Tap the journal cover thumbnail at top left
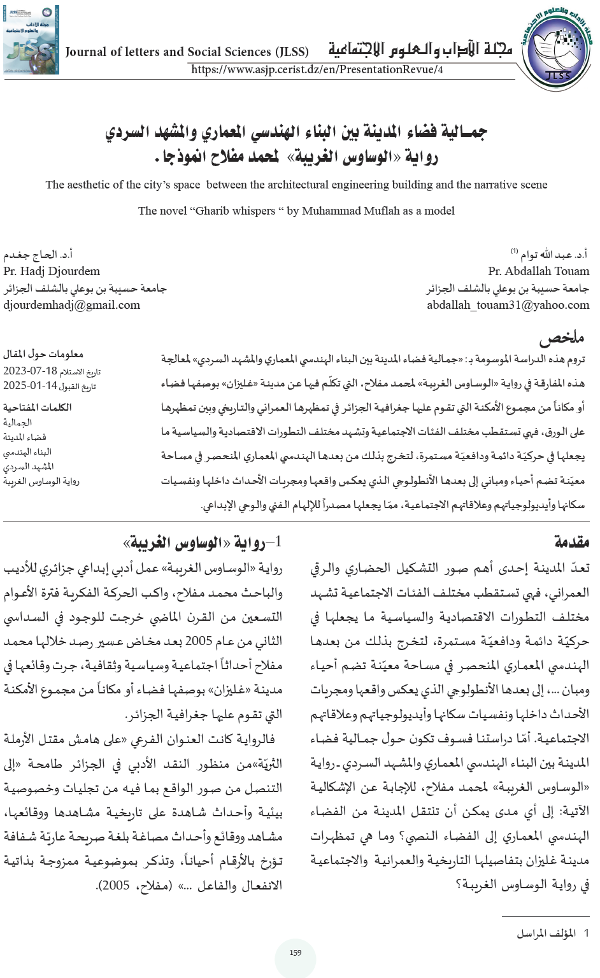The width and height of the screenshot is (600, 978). click(31, 39)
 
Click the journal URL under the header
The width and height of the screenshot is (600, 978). click(317, 69)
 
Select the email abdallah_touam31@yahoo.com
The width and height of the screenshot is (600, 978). click(508, 305)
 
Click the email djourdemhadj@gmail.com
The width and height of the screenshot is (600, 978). click(71, 305)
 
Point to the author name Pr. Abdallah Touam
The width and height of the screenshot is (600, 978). click(538, 271)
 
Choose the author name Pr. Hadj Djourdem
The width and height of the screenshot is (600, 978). click(52, 271)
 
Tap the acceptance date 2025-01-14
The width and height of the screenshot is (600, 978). click(30, 386)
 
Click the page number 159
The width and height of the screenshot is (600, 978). click(295, 953)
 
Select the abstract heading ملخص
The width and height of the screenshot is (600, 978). click(561, 337)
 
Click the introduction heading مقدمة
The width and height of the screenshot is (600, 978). click(571, 542)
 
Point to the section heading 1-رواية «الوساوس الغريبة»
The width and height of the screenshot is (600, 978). click(202, 542)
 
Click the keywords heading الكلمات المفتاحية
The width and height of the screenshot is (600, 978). click(37, 407)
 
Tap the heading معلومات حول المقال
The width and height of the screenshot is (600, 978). click(43, 354)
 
